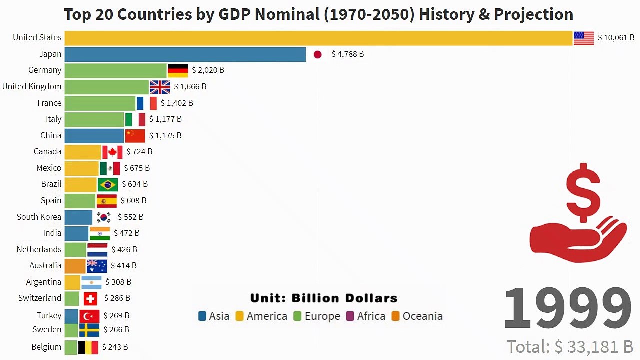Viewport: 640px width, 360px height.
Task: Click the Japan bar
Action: click(x=185, y=54)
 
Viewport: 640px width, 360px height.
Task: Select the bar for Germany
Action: click(x=115, y=70)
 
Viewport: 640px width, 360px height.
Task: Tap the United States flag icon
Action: click(x=583, y=38)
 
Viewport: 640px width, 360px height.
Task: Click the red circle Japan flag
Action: click(x=317, y=54)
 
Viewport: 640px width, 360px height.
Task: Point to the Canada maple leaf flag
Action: click(x=112, y=152)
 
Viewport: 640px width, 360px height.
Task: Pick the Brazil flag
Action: click(x=108, y=184)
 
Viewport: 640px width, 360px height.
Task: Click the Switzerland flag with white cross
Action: click(x=90, y=299)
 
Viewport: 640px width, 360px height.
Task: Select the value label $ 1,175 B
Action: click(x=165, y=135)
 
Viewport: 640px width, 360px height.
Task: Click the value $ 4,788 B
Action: click(x=348, y=54)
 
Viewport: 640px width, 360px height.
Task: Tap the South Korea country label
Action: click(x=39, y=217)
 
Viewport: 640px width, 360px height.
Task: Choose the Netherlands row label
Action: click(x=39, y=249)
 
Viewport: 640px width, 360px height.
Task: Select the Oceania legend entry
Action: click(x=417, y=316)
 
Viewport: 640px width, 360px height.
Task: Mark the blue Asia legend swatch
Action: click(x=202, y=316)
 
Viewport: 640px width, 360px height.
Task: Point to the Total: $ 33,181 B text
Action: click(x=570, y=346)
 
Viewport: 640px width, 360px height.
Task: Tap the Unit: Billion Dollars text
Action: click(x=324, y=298)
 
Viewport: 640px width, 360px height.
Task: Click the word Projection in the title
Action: click(x=533, y=14)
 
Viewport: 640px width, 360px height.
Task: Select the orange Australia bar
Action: click(x=75, y=266)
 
